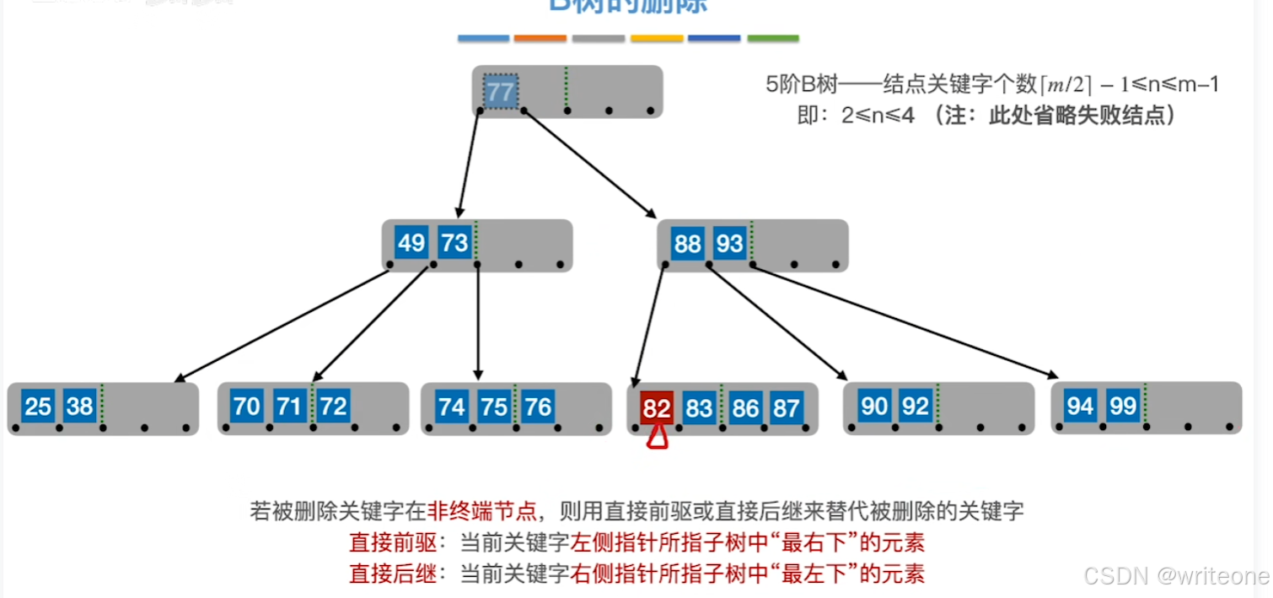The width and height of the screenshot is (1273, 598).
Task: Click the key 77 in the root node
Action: click(x=500, y=91)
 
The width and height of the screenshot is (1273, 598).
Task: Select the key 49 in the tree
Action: click(x=411, y=244)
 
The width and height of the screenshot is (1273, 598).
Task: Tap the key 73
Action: click(x=454, y=244)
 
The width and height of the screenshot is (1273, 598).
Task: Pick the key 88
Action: click(x=687, y=244)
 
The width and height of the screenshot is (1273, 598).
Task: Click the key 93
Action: click(x=729, y=244)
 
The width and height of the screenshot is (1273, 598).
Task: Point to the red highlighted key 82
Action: click(x=656, y=409)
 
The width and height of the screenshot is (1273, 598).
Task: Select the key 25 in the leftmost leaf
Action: click(x=38, y=407)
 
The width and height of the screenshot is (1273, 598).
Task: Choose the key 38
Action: click(x=80, y=407)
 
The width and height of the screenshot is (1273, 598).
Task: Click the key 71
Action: click(x=289, y=407)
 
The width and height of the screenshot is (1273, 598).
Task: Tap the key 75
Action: click(x=494, y=407)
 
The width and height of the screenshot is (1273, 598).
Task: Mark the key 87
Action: click(x=786, y=409)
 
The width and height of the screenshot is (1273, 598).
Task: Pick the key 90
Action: click(x=874, y=407)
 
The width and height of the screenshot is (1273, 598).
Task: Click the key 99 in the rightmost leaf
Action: click(x=1123, y=407)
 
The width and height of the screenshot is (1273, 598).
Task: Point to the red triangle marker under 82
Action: click(x=657, y=436)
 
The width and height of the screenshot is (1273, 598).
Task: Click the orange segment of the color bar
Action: click(x=540, y=38)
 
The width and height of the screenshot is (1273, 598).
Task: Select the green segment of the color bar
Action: click(x=773, y=38)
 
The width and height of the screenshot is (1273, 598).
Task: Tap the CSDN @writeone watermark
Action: click(x=1176, y=576)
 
